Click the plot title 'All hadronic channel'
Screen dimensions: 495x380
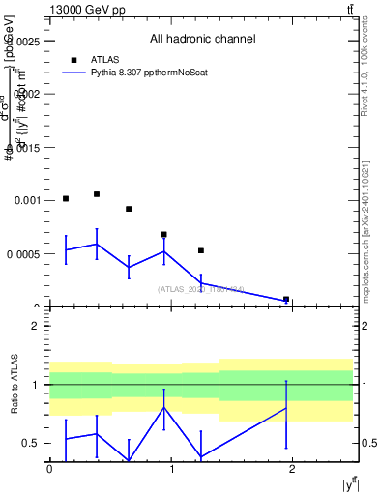point(202,40)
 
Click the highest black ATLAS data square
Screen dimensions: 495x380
point(97,194)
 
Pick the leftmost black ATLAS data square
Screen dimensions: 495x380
point(66,198)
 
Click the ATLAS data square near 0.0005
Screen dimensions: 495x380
point(201,250)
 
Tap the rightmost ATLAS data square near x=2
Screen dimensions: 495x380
point(286,300)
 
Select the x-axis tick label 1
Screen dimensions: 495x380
point(171,469)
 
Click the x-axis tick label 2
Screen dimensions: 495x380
point(294,469)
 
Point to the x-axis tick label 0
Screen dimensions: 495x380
point(49,469)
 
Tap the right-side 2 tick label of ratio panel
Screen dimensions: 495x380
point(365,326)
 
